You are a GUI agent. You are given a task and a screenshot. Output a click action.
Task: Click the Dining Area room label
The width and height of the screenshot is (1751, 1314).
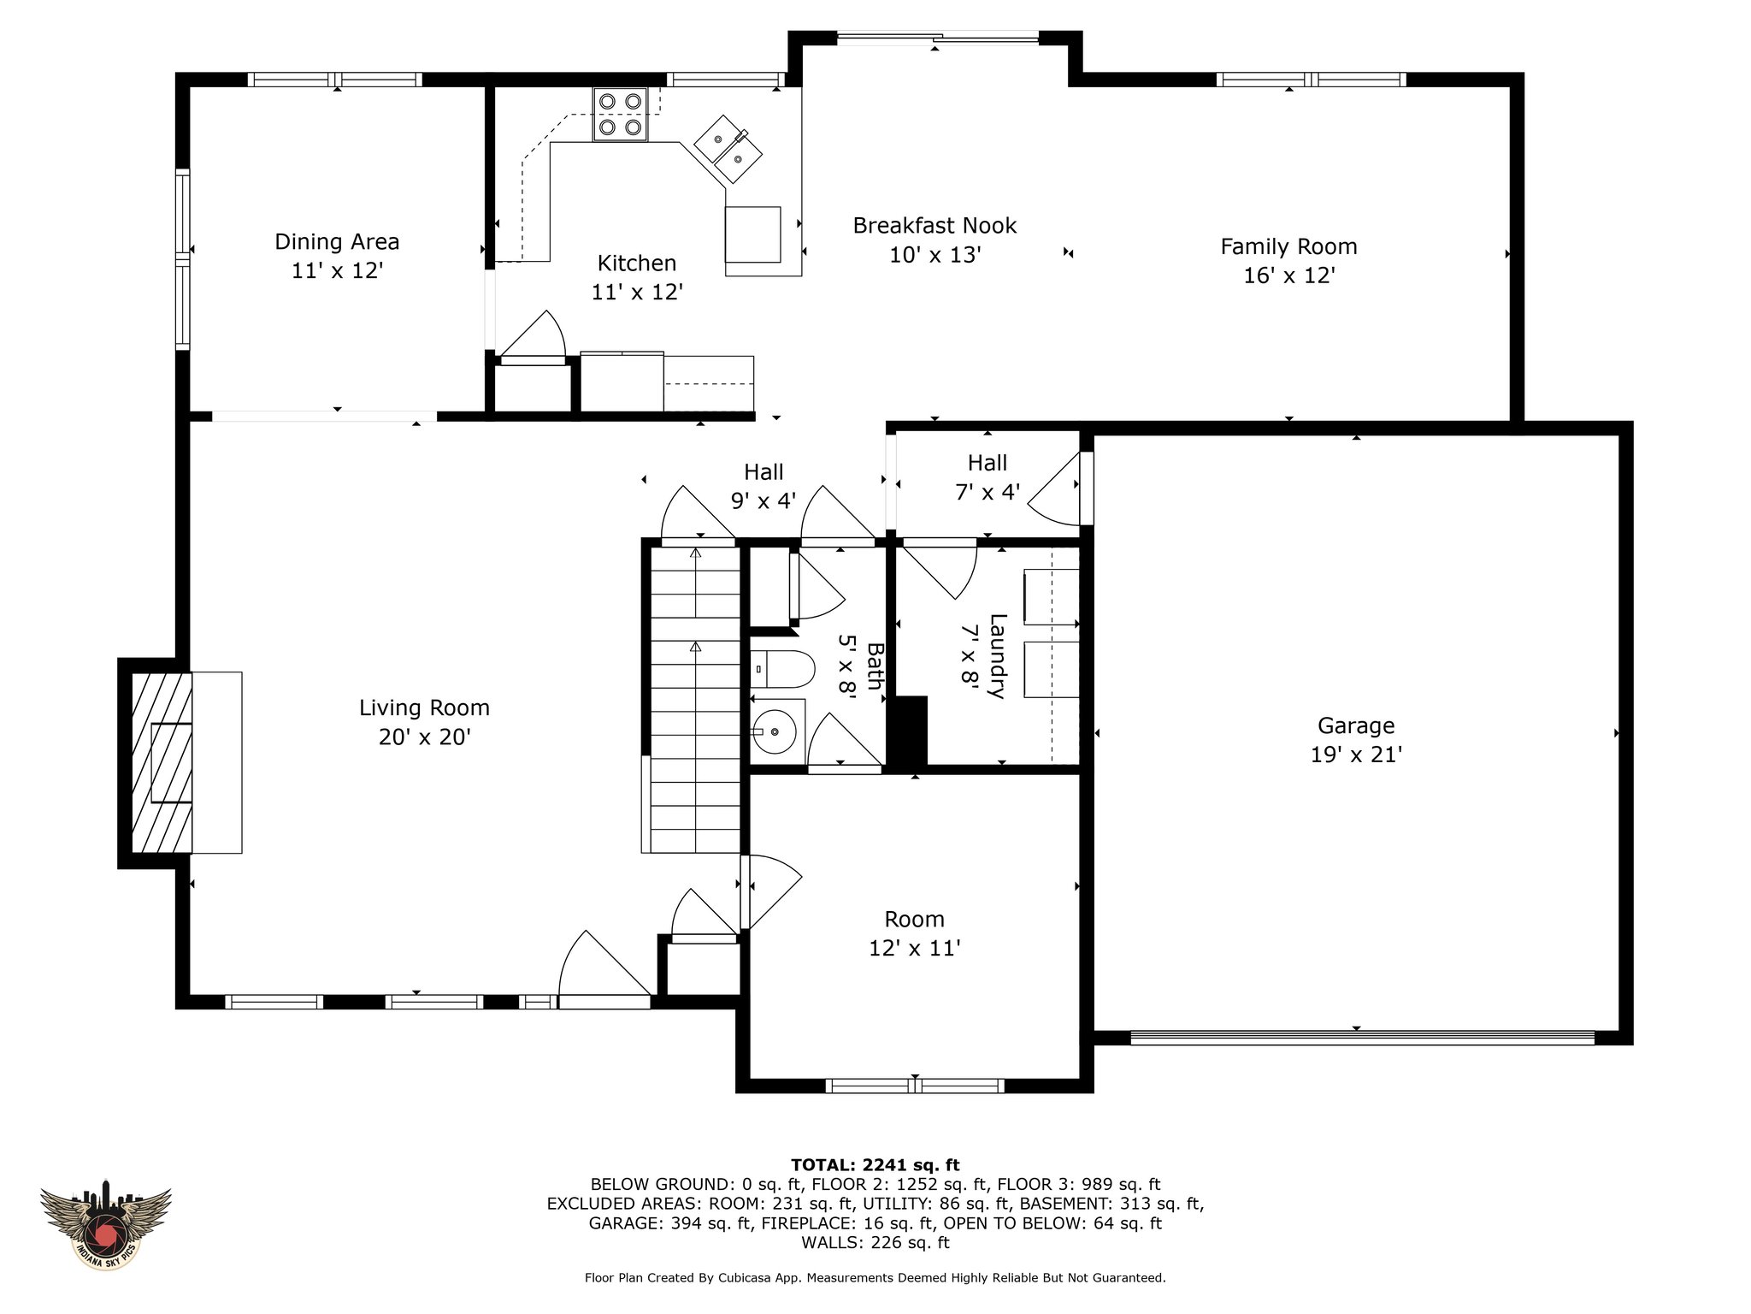[x=337, y=242]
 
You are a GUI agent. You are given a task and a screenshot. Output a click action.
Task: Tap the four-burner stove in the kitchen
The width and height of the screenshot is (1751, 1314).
[x=620, y=115]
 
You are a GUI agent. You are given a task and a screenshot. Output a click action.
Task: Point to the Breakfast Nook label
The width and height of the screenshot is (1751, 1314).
[x=934, y=226]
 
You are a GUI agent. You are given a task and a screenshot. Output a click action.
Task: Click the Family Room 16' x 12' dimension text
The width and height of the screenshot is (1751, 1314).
[x=1288, y=275]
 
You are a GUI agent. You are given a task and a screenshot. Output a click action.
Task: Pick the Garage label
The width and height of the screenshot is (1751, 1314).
[x=1356, y=726]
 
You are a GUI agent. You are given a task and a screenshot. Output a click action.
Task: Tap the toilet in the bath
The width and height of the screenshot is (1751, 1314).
[x=782, y=669]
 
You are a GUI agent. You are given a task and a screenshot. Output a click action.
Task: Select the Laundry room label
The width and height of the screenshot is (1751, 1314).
[x=997, y=656]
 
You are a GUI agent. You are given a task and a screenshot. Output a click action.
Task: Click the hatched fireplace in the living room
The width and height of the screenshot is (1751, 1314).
[x=162, y=762]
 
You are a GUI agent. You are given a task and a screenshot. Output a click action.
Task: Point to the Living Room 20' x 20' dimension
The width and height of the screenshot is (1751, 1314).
[x=425, y=737]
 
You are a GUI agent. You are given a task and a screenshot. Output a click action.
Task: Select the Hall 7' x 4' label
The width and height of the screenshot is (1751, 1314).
[x=988, y=477]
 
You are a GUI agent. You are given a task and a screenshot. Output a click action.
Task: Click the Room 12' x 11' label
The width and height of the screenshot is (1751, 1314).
[x=915, y=933]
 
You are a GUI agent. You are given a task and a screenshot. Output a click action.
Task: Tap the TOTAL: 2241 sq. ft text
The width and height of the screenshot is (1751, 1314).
[x=875, y=1165]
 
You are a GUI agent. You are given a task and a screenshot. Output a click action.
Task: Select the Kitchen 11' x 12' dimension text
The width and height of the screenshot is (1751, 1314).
[x=637, y=293]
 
